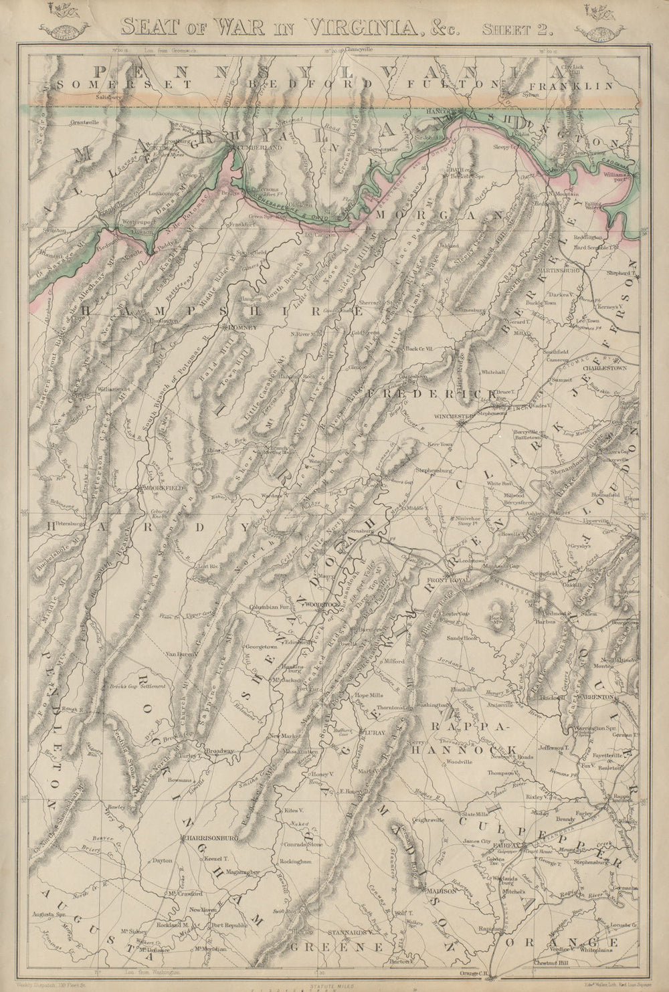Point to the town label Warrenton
597,697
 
